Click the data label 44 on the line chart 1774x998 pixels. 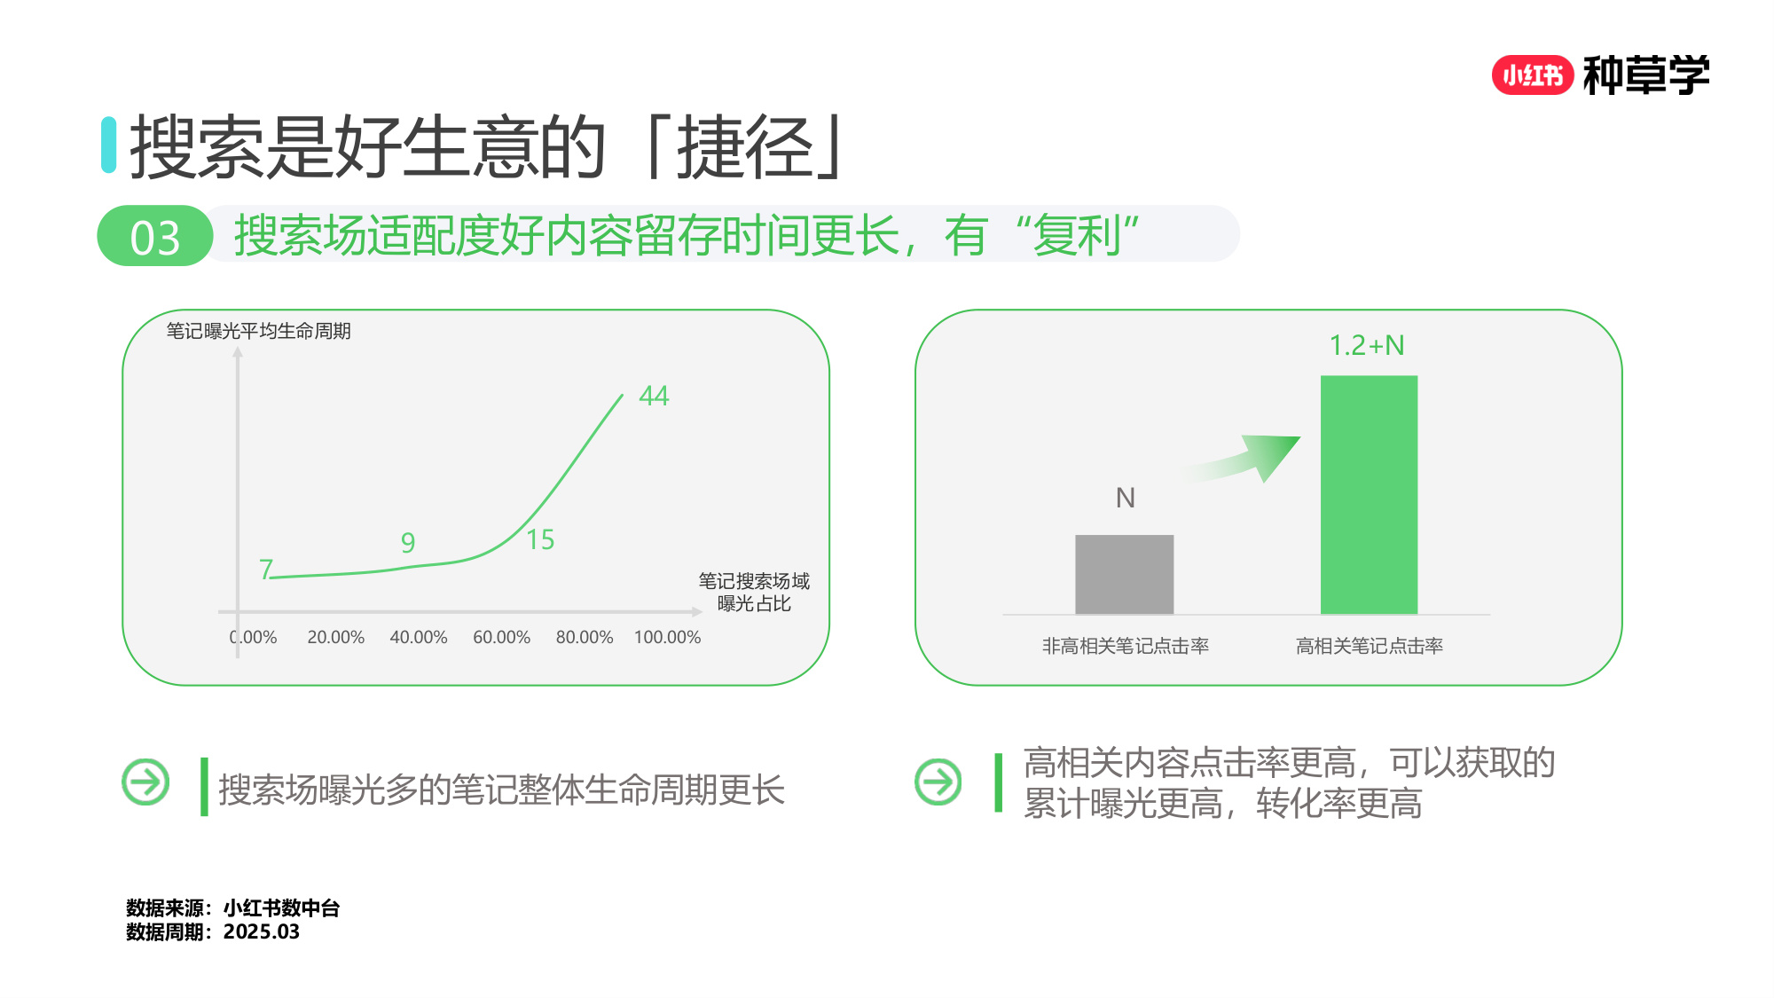coord(654,396)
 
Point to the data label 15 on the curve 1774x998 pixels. coord(540,539)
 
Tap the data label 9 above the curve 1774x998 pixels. coord(408,542)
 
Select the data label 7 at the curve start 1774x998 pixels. coord(265,569)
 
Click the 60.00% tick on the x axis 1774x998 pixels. coord(501,637)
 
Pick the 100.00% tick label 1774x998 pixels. coord(667,637)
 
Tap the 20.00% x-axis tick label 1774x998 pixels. coord(335,637)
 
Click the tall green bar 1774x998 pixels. coord(1369,494)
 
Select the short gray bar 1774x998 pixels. coord(1124,574)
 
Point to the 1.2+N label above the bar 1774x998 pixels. coord(1367,345)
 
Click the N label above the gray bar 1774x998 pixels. coord(1125,498)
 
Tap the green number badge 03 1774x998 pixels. coord(155,237)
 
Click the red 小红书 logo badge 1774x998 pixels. coord(1532,75)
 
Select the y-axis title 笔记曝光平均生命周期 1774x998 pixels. coord(258,331)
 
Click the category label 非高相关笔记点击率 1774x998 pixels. coord(1125,646)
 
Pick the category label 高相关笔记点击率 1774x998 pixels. coord(1369,646)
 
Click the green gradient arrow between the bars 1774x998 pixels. coord(1251,456)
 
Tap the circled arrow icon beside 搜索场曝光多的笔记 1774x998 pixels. coord(145,782)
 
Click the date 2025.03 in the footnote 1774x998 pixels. coord(262,931)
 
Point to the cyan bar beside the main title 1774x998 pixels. coord(108,145)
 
